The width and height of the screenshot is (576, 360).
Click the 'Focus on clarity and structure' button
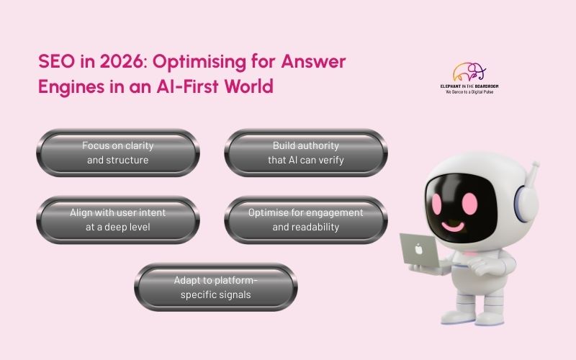[x=117, y=153]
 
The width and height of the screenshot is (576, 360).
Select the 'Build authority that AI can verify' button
[x=306, y=153]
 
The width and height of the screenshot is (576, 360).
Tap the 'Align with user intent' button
[x=117, y=220]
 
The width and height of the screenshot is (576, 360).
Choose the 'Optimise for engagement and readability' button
[x=306, y=220]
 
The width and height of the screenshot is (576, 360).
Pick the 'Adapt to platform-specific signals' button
[x=215, y=287]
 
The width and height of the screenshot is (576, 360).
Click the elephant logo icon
[x=469, y=72]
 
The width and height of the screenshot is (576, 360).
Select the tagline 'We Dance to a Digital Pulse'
[x=468, y=92]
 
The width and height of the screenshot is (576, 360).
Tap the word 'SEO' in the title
[x=54, y=62]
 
